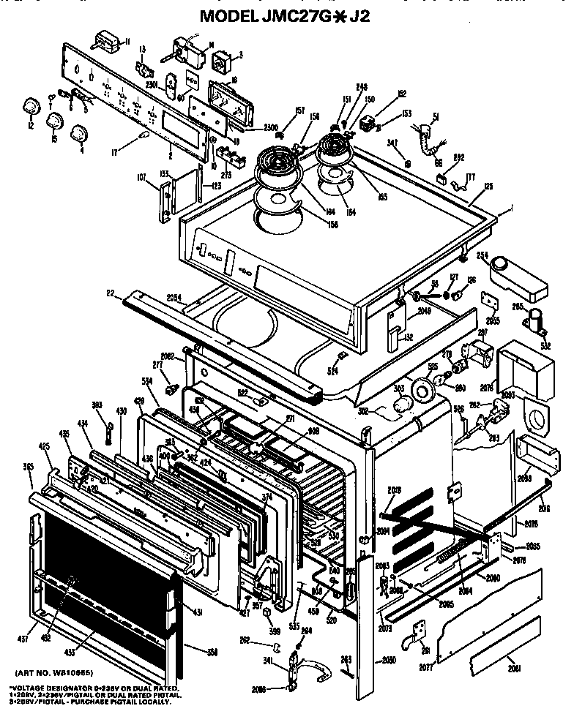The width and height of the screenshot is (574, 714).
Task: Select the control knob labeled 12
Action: pos(31,105)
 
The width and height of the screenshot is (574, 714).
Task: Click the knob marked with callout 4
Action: pos(78,132)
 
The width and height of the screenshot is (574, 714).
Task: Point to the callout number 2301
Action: pos(152,84)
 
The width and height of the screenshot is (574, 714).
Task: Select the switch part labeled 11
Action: pos(108,41)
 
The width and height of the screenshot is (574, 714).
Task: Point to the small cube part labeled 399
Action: pos(268,611)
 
